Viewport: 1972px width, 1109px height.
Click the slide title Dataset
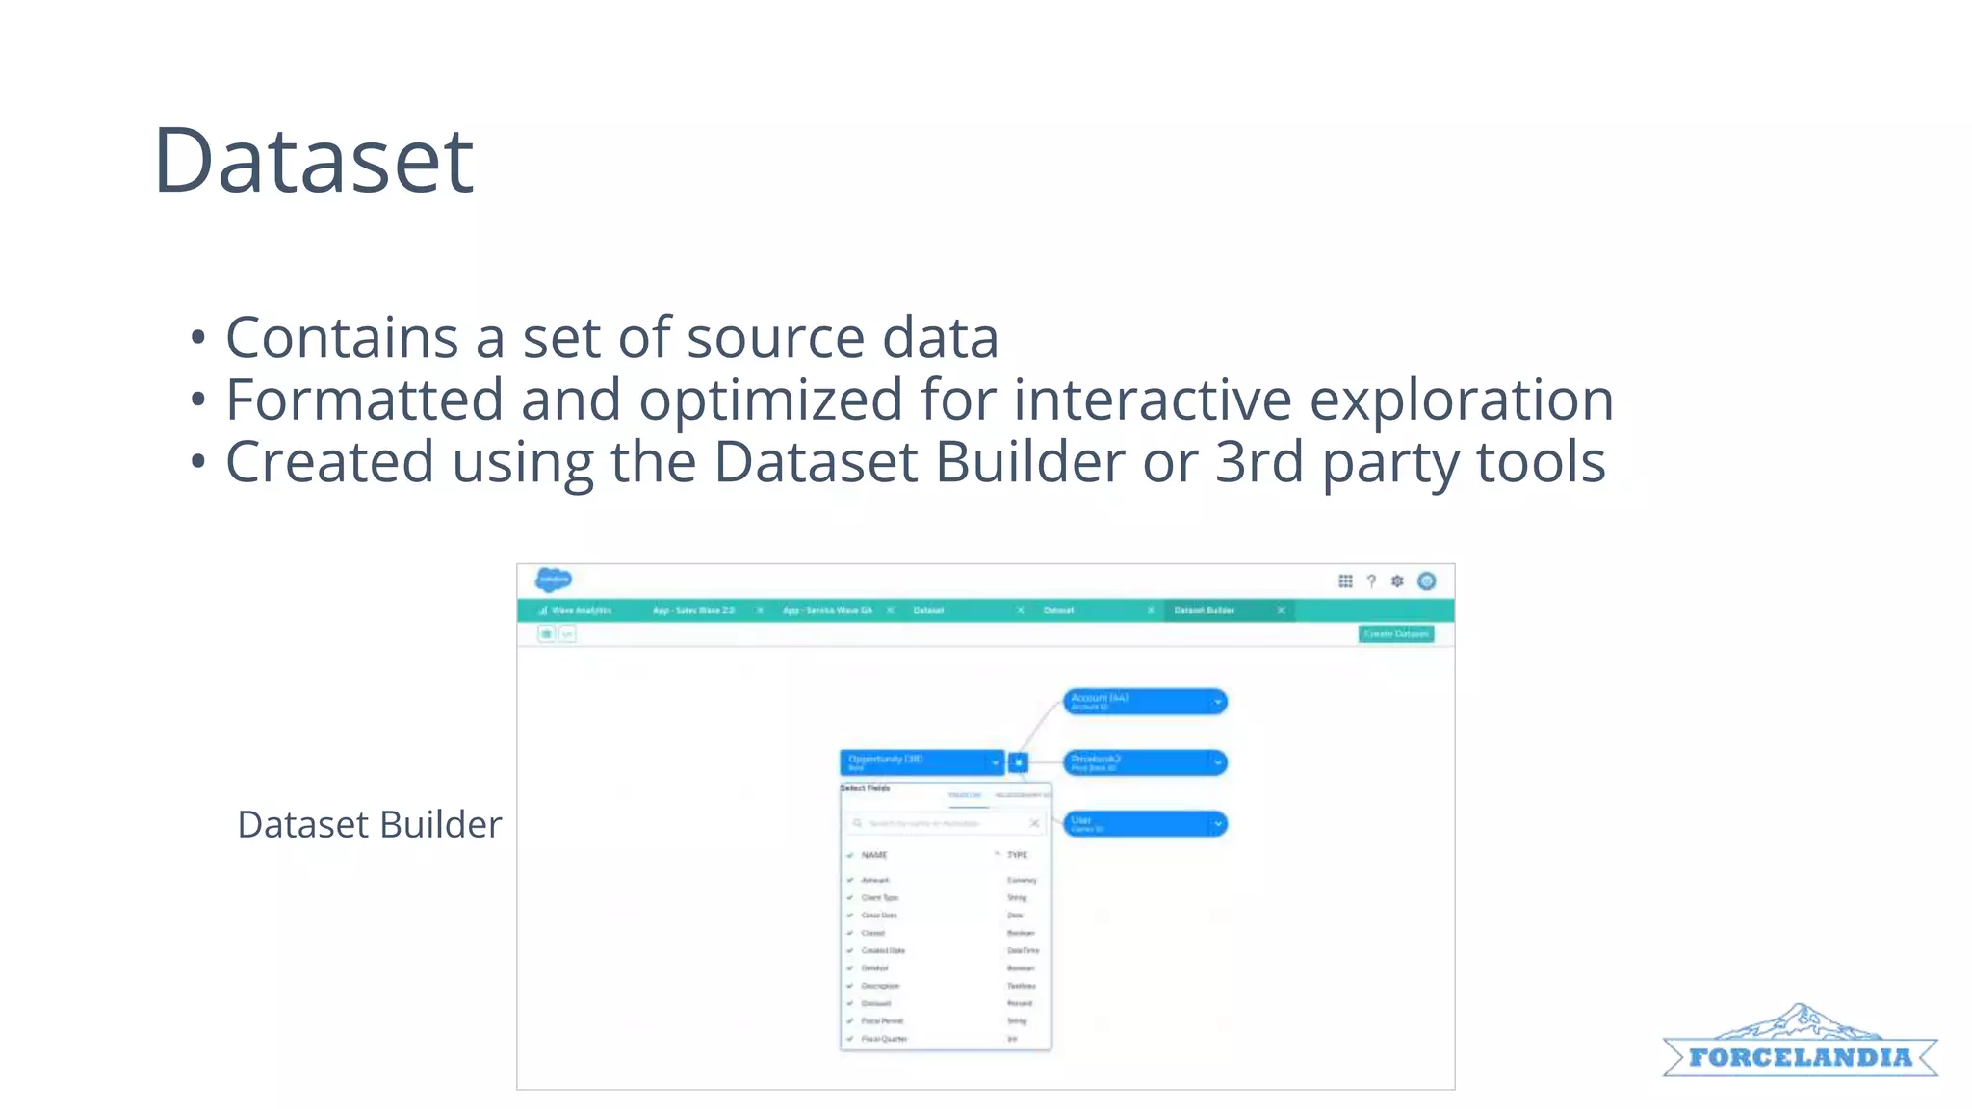tap(313, 161)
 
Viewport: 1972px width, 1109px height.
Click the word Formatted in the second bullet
tap(364, 400)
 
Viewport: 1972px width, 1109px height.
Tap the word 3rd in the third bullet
tap(1259, 462)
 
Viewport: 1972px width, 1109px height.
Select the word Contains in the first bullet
tap(342, 338)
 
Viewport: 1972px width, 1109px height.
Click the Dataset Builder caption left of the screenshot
tap(369, 825)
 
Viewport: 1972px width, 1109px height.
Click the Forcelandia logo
tap(1799, 1045)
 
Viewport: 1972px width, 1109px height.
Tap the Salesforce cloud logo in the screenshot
tap(554, 580)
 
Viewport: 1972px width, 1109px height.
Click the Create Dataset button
tap(1395, 633)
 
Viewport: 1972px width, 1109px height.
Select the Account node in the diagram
tap(1143, 702)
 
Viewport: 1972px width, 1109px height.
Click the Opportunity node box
tap(920, 762)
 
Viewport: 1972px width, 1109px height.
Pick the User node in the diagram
tap(1143, 824)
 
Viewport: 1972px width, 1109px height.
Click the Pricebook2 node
tap(1143, 762)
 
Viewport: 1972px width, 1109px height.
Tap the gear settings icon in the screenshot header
tap(1397, 580)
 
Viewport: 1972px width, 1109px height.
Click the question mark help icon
tap(1371, 580)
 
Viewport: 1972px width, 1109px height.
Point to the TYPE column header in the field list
tap(1017, 855)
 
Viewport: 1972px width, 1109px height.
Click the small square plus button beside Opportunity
tap(1018, 762)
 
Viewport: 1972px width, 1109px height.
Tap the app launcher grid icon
tap(1345, 580)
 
